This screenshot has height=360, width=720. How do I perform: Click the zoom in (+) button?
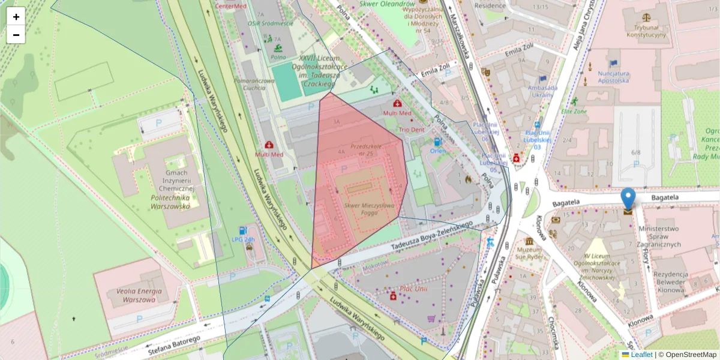(x=16, y=16)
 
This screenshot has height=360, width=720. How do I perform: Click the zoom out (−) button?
(x=16, y=35)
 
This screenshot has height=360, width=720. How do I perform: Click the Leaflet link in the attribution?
(x=641, y=355)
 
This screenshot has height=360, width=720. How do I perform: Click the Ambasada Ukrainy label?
(x=542, y=91)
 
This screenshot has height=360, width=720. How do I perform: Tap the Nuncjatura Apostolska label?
(x=613, y=76)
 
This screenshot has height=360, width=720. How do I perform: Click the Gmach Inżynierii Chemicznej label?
(x=170, y=189)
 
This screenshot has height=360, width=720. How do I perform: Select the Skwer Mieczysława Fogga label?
(x=369, y=209)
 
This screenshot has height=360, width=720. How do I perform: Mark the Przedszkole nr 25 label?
(x=366, y=150)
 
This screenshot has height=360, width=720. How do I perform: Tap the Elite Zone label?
(x=574, y=111)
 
